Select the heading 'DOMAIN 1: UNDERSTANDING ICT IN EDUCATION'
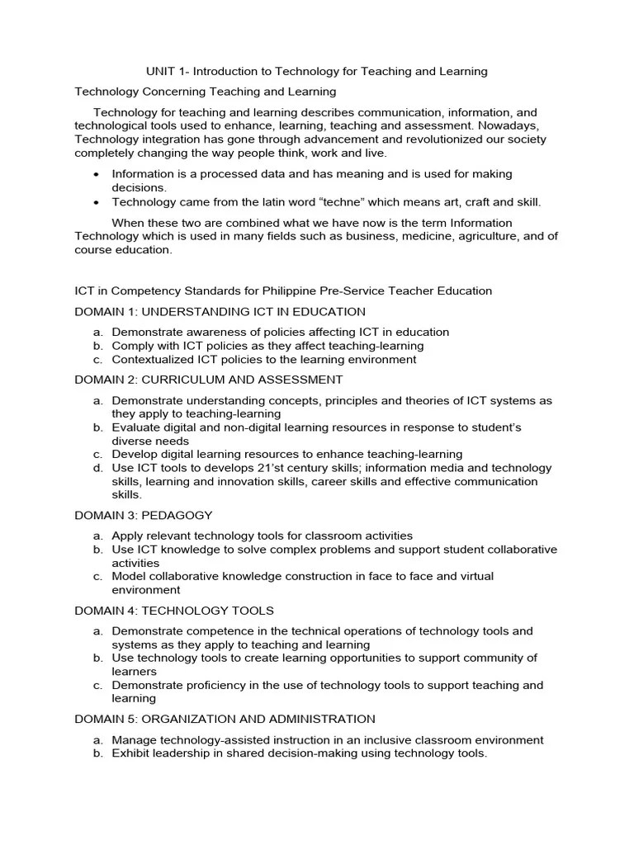coord(220,312)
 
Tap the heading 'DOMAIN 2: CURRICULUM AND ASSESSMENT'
coord(209,380)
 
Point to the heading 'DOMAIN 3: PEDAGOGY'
coord(144,515)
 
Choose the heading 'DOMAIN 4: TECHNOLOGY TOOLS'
coord(174,611)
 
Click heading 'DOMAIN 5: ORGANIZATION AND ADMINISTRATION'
coord(225,719)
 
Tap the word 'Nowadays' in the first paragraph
coord(511,125)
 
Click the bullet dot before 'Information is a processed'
coord(97,175)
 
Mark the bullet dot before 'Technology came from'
coord(97,202)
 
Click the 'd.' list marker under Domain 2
coord(97,468)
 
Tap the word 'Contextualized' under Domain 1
coord(152,360)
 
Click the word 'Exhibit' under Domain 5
coord(131,753)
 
